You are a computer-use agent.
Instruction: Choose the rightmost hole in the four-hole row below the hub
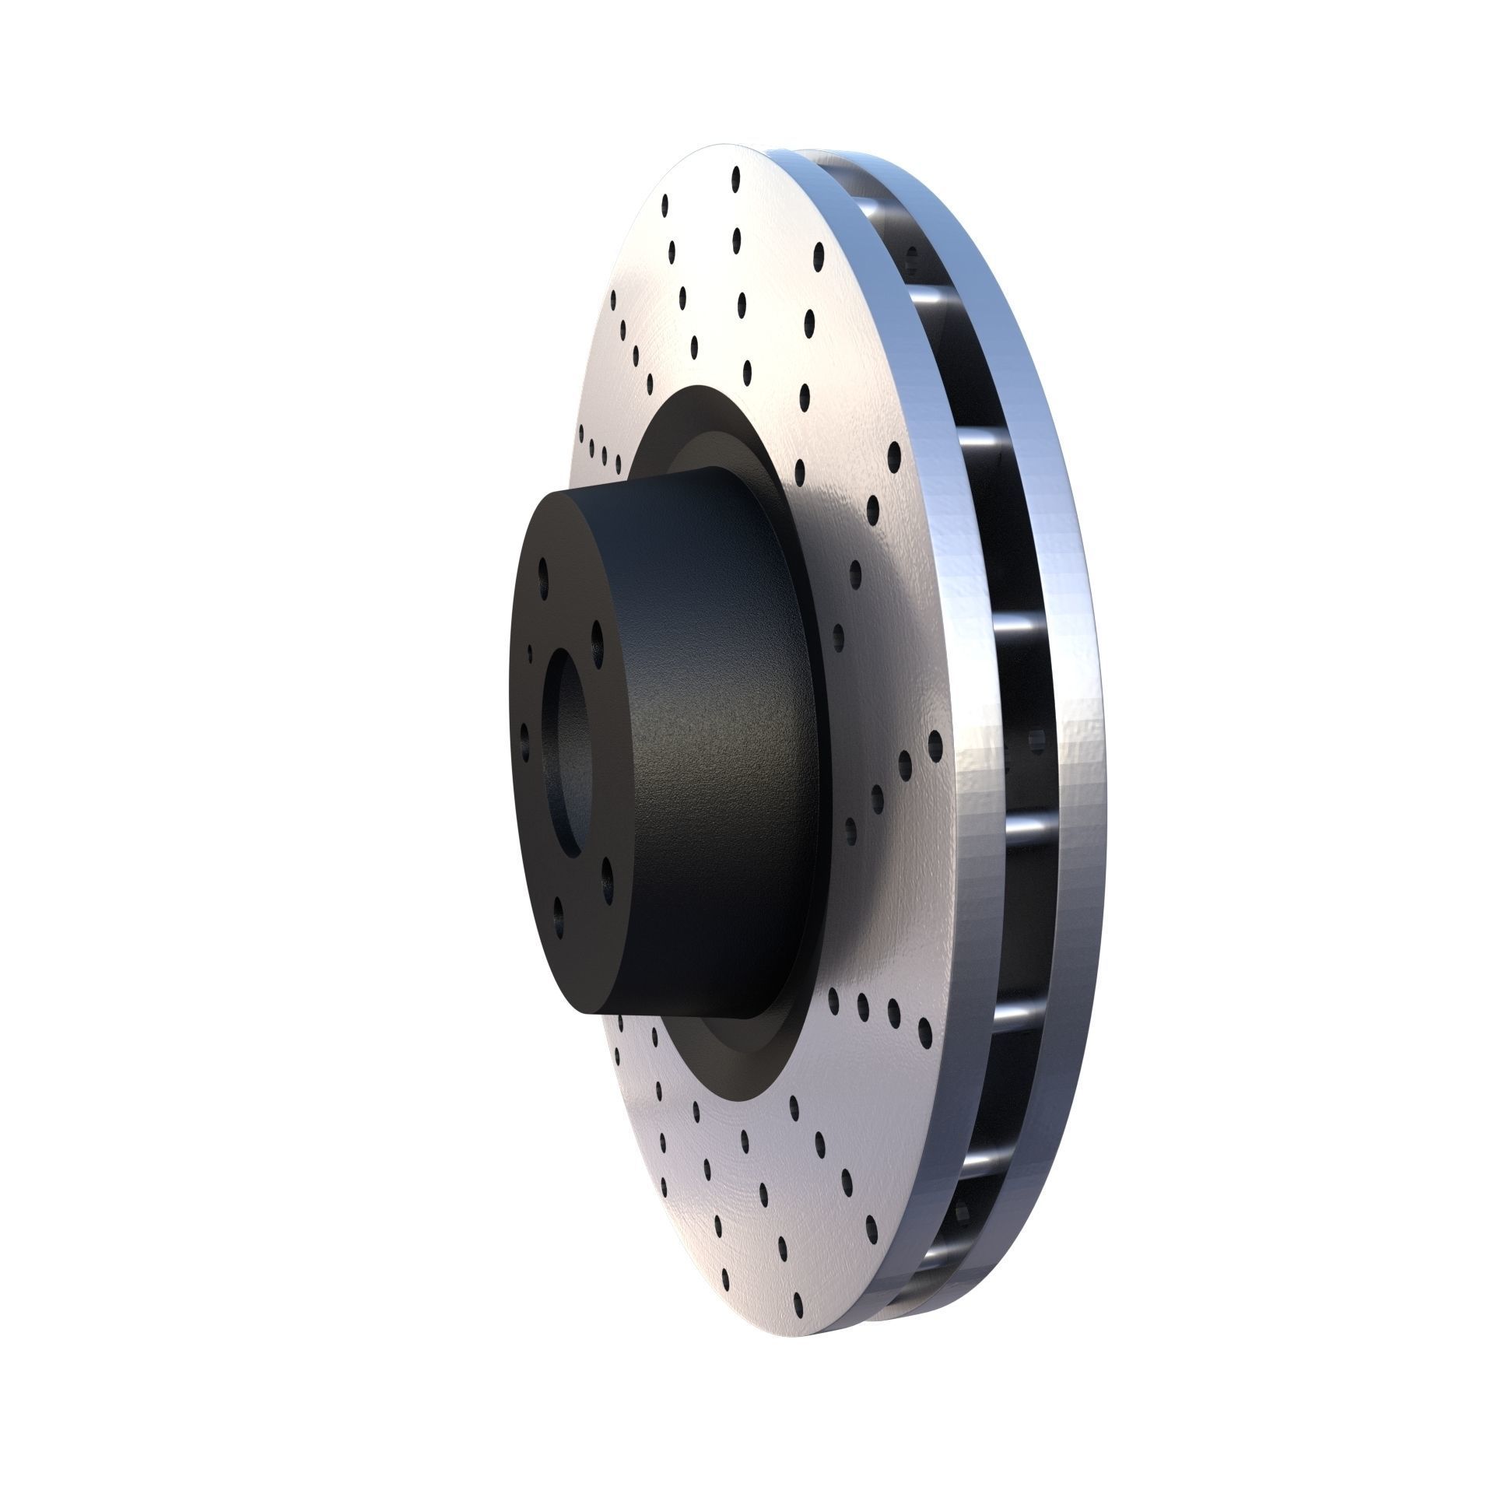[924, 1031]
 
